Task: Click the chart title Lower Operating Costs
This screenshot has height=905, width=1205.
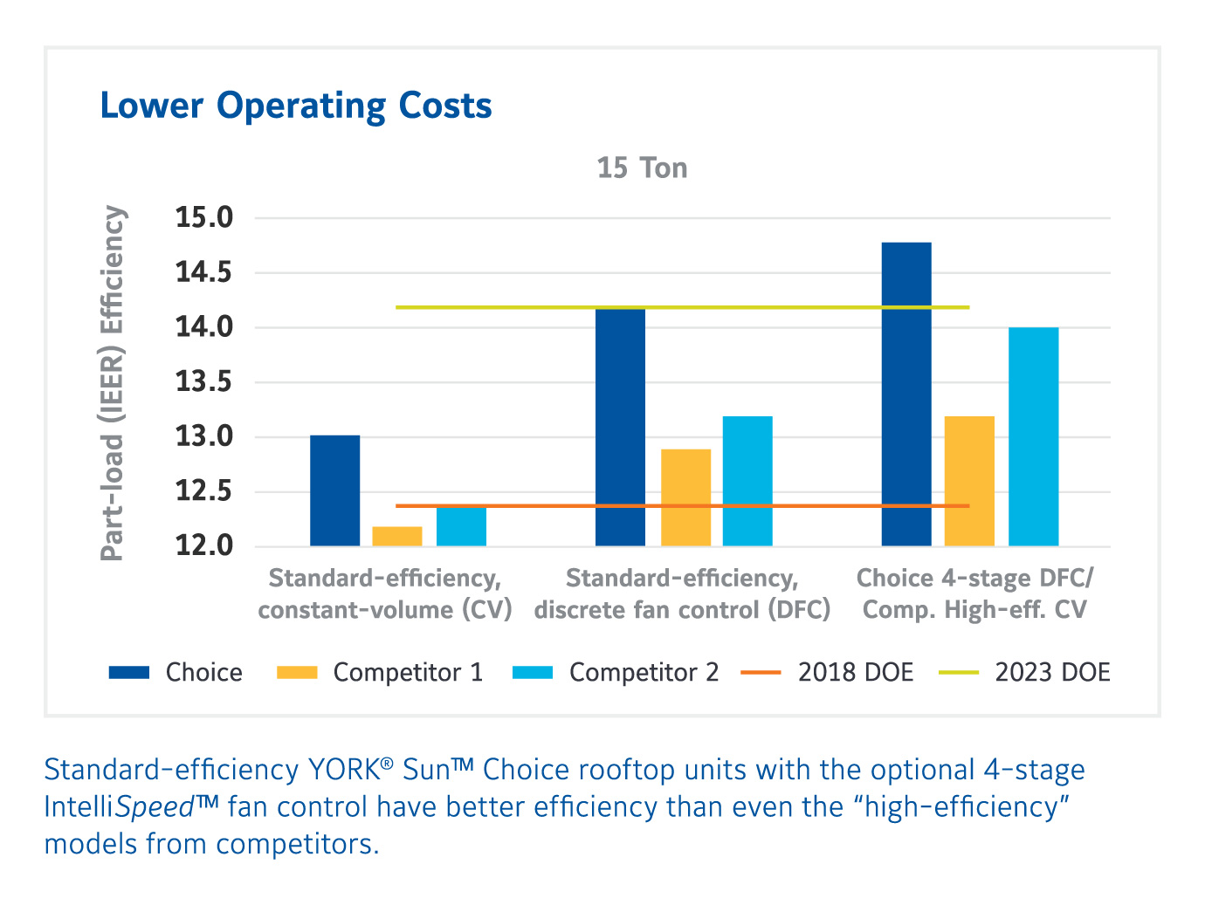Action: tap(296, 106)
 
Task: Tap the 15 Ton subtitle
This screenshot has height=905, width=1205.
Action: tap(642, 168)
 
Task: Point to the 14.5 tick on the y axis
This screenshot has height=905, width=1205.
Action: tap(204, 272)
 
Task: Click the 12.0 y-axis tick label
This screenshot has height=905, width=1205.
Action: tap(204, 546)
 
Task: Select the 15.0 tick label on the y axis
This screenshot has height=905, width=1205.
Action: tap(204, 217)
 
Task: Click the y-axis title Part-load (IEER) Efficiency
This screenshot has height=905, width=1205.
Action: tap(113, 382)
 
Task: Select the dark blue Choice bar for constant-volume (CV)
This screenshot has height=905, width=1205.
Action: tap(334, 490)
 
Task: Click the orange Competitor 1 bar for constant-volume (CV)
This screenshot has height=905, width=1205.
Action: tap(397, 536)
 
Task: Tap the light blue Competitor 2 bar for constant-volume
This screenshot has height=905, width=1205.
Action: tap(461, 526)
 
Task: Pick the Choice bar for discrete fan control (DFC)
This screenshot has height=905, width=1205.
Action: tap(620, 427)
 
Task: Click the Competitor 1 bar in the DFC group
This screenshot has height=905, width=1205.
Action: tap(685, 497)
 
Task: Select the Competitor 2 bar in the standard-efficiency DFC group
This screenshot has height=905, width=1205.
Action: tap(747, 481)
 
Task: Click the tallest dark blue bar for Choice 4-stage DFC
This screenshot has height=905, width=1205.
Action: tap(906, 394)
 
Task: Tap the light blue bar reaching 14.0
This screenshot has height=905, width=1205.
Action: tap(1033, 436)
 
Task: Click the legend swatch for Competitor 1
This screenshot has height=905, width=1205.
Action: tap(297, 673)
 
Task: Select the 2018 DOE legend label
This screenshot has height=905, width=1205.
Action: tap(855, 673)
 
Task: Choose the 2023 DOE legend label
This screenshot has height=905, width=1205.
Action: tap(1052, 673)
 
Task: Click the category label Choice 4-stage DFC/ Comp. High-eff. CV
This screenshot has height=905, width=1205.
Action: tap(974, 593)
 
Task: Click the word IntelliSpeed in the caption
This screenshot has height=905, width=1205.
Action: tap(119, 807)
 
